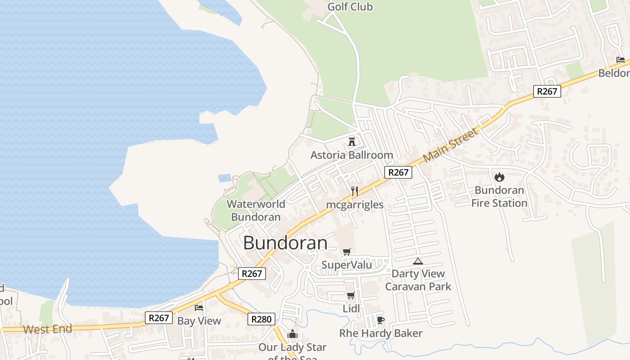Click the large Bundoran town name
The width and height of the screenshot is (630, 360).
pyautogui.click(x=285, y=243)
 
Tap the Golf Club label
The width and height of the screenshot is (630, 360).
pyautogui.click(x=350, y=7)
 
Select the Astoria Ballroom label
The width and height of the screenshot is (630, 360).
pyautogui.click(x=351, y=155)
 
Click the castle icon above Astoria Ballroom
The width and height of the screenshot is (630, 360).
pyautogui.click(x=352, y=141)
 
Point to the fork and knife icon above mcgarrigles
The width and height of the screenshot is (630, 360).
pyautogui.click(x=355, y=191)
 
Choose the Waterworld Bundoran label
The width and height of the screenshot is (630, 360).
pyautogui.click(x=256, y=210)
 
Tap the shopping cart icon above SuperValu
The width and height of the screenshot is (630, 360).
pyautogui.click(x=346, y=252)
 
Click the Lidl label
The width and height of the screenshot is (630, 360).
pyautogui.click(x=351, y=309)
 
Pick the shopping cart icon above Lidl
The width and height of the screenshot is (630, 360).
pyautogui.click(x=351, y=296)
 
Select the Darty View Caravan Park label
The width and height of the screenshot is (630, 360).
pyautogui.click(x=418, y=280)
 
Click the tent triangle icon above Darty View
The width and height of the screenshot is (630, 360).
pyautogui.click(x=418, y=261)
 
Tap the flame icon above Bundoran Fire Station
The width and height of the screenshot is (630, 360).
pyautogui.click(x=499, y=177)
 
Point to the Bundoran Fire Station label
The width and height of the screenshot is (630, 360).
pyautogui.click(x=499, y=197)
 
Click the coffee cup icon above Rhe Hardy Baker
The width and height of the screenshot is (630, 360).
pyautogui.click(x=381, y=320)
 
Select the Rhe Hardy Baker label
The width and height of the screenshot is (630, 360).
pyautogui.click(x=381, y=333)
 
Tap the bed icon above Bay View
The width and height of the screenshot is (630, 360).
pyautogui.click(x=199, y=308)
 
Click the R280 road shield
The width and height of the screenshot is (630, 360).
pyautogui.click(x=261, y=319)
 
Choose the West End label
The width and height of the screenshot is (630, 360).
pyautogui.click(x=47, y=329)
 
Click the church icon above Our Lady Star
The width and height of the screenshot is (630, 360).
pyautogui.click(x=292, y=334)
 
